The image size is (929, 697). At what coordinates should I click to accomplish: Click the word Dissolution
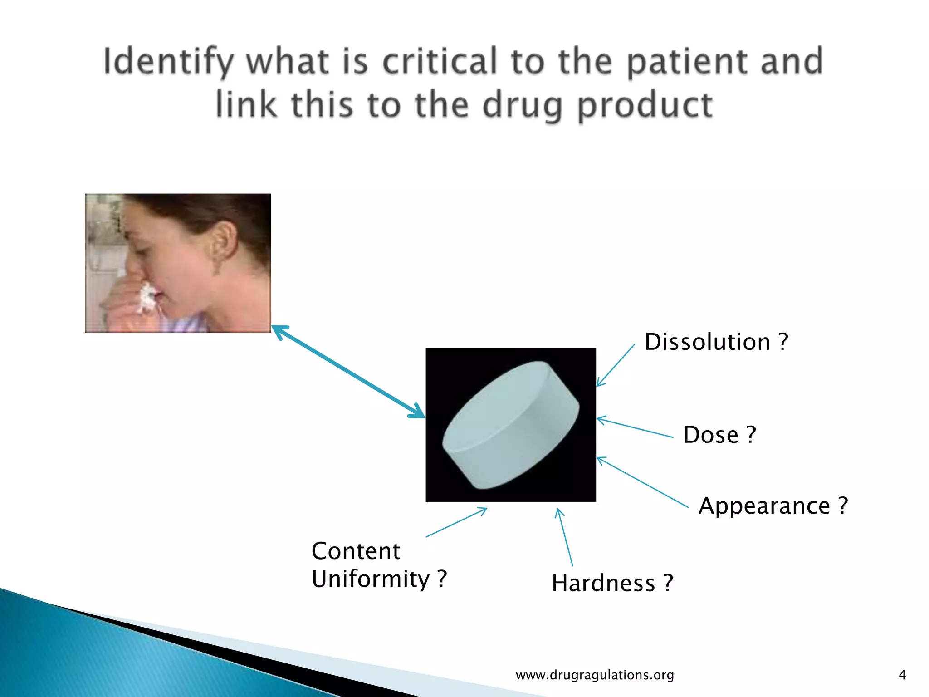pyautogui.click(x=707, y=342)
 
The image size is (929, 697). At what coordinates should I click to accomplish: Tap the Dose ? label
pyautogui.click(x=719, y=435)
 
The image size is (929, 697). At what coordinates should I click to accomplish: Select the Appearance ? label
pyautogui.click(x=773, y=506)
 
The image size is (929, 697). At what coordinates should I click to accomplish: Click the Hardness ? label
pyautogui.click(x=612, y=583)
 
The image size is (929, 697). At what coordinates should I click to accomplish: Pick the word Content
pyautogui.click(x=356, y=551)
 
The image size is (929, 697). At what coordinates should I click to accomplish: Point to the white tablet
pyautogui.click(x=510, y=425)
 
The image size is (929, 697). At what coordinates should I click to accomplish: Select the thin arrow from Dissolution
pyautogui.click(x=616, y=365)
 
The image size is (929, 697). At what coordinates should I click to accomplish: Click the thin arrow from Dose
pyautogui.click(x=635, y=428)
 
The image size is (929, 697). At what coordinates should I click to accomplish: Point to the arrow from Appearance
pyautogui.click(x=642, y=482)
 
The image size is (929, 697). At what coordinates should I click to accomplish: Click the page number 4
pyautogui.click(x=902, y=675)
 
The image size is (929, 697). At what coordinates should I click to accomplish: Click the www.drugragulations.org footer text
pyautogui.click(x=595, y=675)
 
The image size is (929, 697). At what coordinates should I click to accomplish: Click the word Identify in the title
pyautogui.click(x=168, y=62)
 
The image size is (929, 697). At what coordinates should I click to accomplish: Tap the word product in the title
pyautogui.click(x=645, y=105)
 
